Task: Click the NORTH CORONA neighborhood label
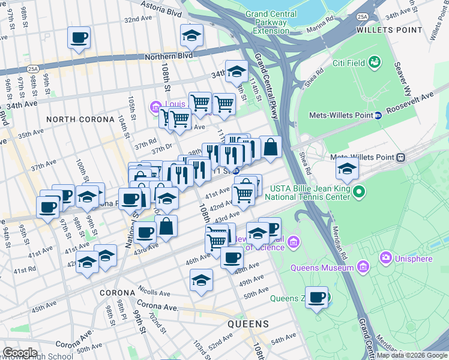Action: pyautogui.click(x=80, y=119)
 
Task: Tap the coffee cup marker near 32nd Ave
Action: pyautogui.click(x=79, y=38)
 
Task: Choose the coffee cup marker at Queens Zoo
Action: pyautogui.click(x=316, y=296)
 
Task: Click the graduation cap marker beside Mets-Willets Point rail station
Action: pyautogui.click(x=347, y=167)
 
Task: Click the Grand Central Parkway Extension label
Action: pyautogui.click(x=271, y=22)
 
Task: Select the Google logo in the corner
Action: pyautogui.click(x=20, y=353)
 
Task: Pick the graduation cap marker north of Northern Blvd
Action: pyautogui.click(x=191, y=35)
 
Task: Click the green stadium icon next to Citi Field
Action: pyautogui.click(x=375, y=62)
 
